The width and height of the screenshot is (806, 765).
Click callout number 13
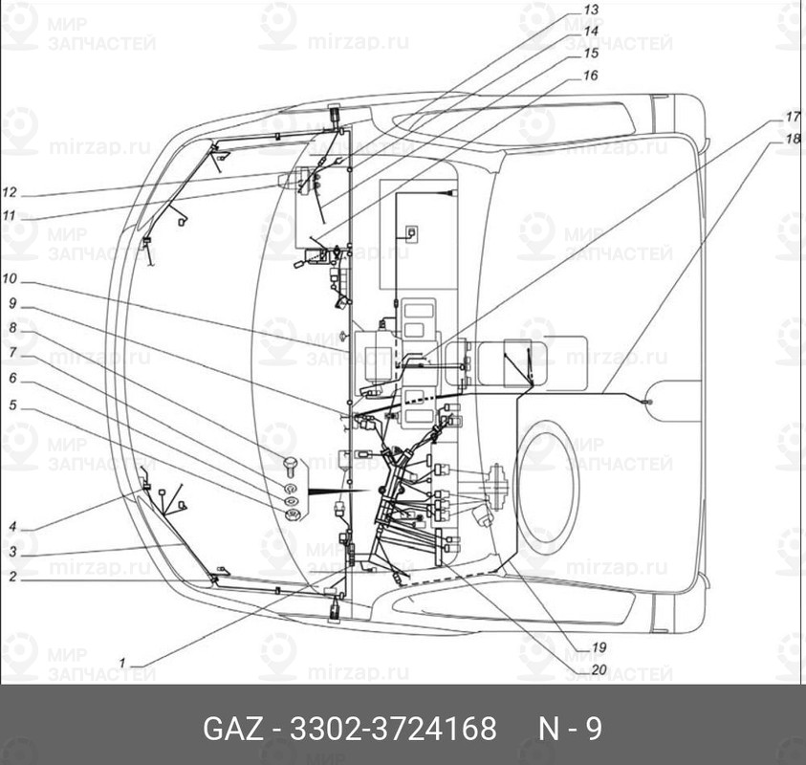tap(592, 9)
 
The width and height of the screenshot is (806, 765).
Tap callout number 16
tap(590, 75)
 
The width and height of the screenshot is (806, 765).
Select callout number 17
tap(793, 117)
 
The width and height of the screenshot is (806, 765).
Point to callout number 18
tap(793, 139)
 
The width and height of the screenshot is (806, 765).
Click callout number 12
tap(10, 191)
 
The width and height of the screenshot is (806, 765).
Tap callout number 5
tap(11, 404)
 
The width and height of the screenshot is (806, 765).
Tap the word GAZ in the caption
tap(232, 729)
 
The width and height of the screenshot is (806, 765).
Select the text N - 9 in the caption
tap(569, 729)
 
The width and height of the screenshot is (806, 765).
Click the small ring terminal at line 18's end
tap(648, 403)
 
